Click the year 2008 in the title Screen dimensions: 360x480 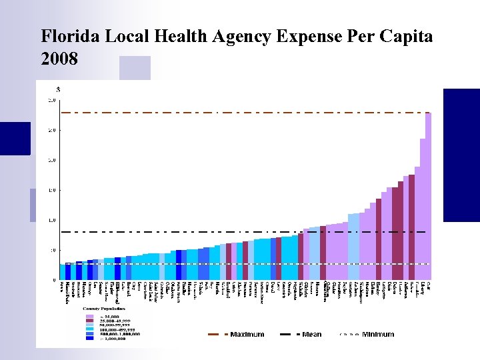pyautogui.click(x=59, y=59)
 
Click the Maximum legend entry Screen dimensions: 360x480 pyautogui.click(x=247, y=334)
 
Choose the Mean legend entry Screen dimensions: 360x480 pyautogui.click(x=311, y=334)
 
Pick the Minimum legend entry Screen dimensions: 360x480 pyautogui.click(x=377, y=334)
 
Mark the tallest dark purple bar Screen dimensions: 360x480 pyautogui.click(x=412, y=227)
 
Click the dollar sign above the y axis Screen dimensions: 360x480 pyautogui.click(x=58, y=89)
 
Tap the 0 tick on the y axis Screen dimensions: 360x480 pyautogui.click(x=54, y=280)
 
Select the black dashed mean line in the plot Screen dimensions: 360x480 pyautogui.click(x=200, y=232)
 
